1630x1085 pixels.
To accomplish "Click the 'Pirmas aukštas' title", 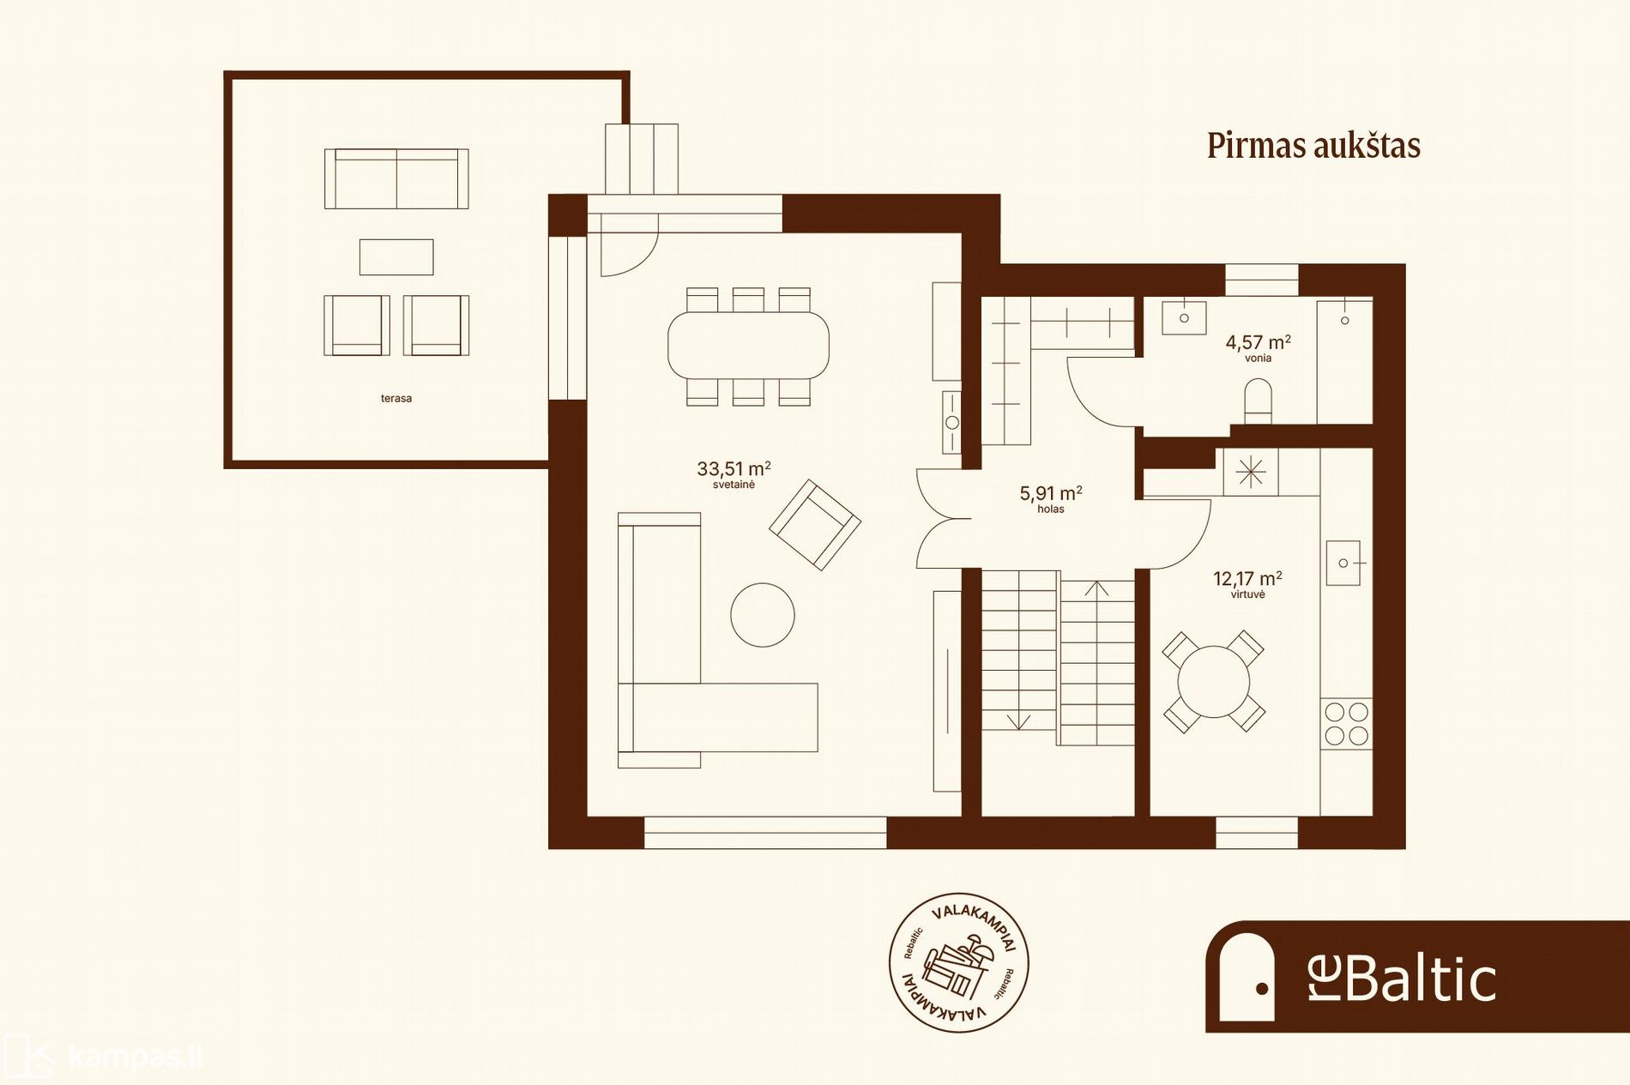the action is pyautogui.click(x=1313, y=145).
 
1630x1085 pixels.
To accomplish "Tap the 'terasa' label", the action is pyautogui.click(x=396, y=398).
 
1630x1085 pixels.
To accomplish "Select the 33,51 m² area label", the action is pyautogui.click(x=733, y=468).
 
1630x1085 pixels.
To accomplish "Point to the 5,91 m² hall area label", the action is pyautogui.click(x=1051, y=492).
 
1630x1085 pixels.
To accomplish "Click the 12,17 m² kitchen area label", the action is pyautogui.click(x=1247, y=578).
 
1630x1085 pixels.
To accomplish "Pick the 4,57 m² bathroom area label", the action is pyautogui.click(x=1258, y=342).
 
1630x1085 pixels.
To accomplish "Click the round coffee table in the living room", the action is pyautogui.click(x=763, y=614).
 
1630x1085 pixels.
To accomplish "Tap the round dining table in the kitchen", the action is pyautogui.click(x=1213, y=682).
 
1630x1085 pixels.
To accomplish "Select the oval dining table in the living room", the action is pyautogui.click(x=748, y=346).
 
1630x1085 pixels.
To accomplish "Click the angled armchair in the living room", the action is pyautogui.click(x=815, y=525).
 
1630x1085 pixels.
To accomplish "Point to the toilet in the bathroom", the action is pyautogui.click(x=1258, y=401).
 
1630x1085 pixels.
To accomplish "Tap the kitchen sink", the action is pyautogui.click(x=1343, y=563).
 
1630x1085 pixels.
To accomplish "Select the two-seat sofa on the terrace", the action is pyautogui.click(x=396, y=178).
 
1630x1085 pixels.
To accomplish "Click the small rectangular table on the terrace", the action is pyautogui.click(x=396, y=256).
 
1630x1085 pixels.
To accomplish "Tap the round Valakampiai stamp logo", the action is pyautogui.click(x=958, y=962).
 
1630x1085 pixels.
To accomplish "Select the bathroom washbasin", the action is pyautogui.click(x=1184, y=317).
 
